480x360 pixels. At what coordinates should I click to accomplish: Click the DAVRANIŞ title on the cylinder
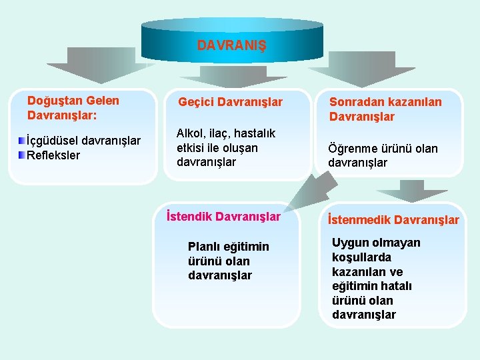[231, 46]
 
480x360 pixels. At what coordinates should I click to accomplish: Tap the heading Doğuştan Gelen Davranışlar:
[73, 107]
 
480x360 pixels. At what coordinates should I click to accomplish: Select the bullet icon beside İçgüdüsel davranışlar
[21, 141]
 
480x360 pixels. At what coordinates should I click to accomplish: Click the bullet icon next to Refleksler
[21, 155]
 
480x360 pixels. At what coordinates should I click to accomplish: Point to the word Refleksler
[53, 155]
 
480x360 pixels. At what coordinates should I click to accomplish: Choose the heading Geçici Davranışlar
[230, 103]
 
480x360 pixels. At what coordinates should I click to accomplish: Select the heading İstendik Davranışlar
[223, 217]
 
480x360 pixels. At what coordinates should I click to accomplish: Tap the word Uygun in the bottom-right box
[349, 243]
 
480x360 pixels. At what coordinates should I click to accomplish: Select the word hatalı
[397, 286]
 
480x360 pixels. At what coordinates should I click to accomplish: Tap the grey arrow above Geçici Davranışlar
[231, 77]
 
